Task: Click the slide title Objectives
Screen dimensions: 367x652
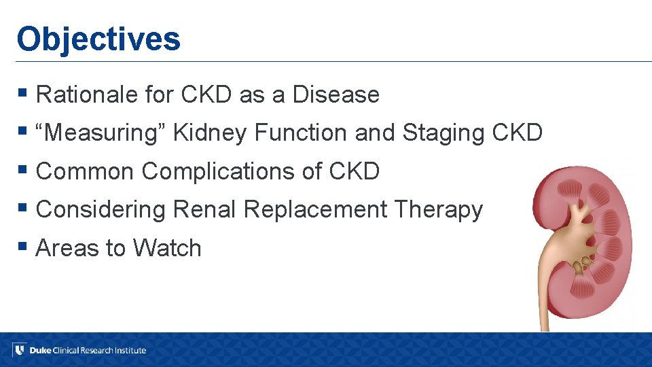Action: pyautogui.click(x=98, y=39)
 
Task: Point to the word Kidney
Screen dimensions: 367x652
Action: pyautogui.click(x=210, y=133)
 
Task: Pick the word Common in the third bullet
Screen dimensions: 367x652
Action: pyautogui.click(x=85, y=172)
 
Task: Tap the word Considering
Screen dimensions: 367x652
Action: pyautogui.click(x=101, y=210)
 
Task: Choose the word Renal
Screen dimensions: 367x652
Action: pyautogui.click(x=204, y=210)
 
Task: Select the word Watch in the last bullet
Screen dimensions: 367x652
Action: pyautogui.click(x=167, y=248)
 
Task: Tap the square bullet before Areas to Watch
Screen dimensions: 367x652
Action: pyautogui.click(x=23, y=245)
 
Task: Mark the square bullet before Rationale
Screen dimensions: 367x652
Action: pyautogui.click(x=23, y=92)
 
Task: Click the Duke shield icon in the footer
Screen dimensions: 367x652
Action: pyautogui.click(x=19, y=350)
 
